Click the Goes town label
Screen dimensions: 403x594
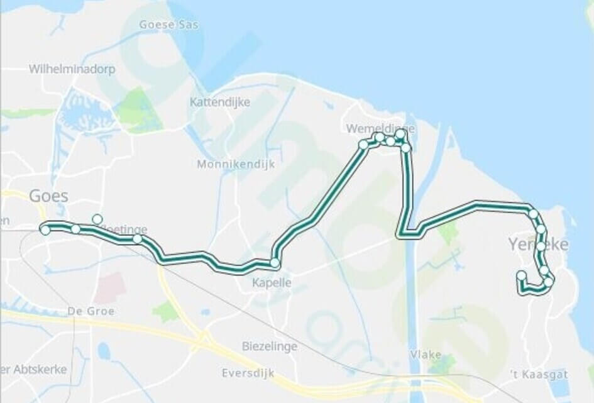[48, 196]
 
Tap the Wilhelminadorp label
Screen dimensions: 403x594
[72, 69]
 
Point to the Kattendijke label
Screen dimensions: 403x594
[220, 102]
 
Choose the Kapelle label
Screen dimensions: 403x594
[272, 283]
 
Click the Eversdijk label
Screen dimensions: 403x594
[248, 373]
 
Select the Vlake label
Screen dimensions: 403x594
[426, 355]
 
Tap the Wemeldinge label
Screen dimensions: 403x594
[373, 128]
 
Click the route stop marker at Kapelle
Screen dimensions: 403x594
[275, 263]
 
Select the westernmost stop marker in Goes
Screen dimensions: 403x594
[45, 230]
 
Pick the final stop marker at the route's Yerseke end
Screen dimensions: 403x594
[521, 275]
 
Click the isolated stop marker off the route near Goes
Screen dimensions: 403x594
[97, 219]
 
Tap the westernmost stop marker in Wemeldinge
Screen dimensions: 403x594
[363, 145]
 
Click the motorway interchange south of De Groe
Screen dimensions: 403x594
[201, 343]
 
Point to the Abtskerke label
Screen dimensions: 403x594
[38, 369]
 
